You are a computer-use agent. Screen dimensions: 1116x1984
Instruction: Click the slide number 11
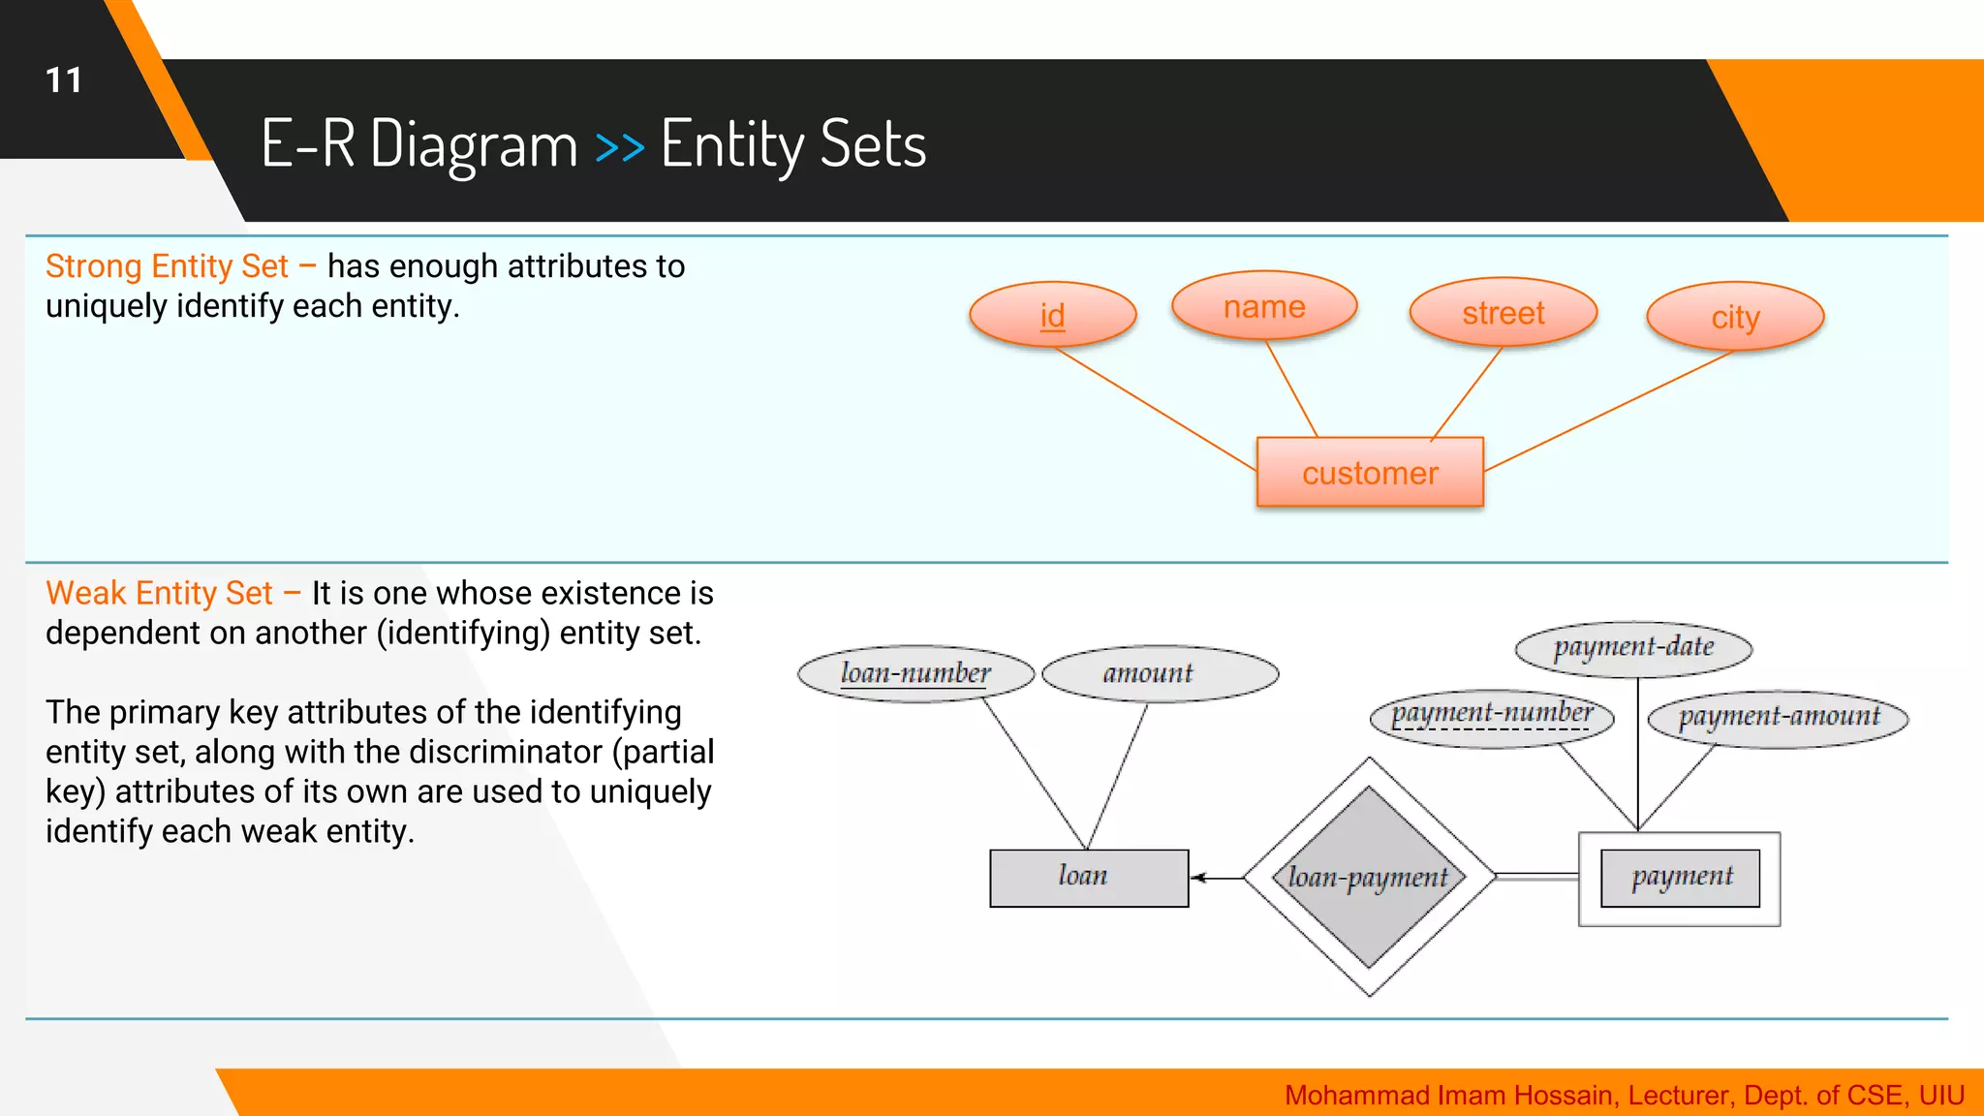coord(64,80)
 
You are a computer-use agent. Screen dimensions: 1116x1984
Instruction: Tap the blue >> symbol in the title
coord(619,147)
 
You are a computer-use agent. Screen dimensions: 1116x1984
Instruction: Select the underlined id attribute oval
coord(1052,315)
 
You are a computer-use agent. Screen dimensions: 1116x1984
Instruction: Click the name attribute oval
coord(1263,307)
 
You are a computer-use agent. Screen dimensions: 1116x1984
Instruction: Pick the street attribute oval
coord(1503,313)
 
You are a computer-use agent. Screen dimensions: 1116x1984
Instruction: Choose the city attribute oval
coord(1734,317)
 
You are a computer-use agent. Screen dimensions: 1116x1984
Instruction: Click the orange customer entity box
coord(1369,473)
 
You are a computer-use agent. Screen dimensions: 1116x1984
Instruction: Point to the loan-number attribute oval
coord(915,673)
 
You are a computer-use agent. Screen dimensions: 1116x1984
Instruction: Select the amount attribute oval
coord(1160,673)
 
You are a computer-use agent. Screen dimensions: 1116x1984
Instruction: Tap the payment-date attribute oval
coord(1633,648)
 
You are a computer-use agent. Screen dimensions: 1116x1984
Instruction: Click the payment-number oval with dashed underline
coord(1492,716)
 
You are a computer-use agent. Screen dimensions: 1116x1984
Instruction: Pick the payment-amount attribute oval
coord(1778,718)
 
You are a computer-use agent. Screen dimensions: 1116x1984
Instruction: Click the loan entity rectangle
coord(1088,878)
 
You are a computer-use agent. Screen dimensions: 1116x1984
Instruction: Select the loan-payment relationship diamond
coord(1368,878)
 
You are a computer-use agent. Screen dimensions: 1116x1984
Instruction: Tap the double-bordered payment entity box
coord(1679,878)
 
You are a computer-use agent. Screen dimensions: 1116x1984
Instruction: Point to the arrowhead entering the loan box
coord(1198,878)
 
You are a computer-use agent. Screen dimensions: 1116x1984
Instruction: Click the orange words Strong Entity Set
coord(167,266)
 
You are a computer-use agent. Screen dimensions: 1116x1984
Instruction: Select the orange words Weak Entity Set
coord(159,593)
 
